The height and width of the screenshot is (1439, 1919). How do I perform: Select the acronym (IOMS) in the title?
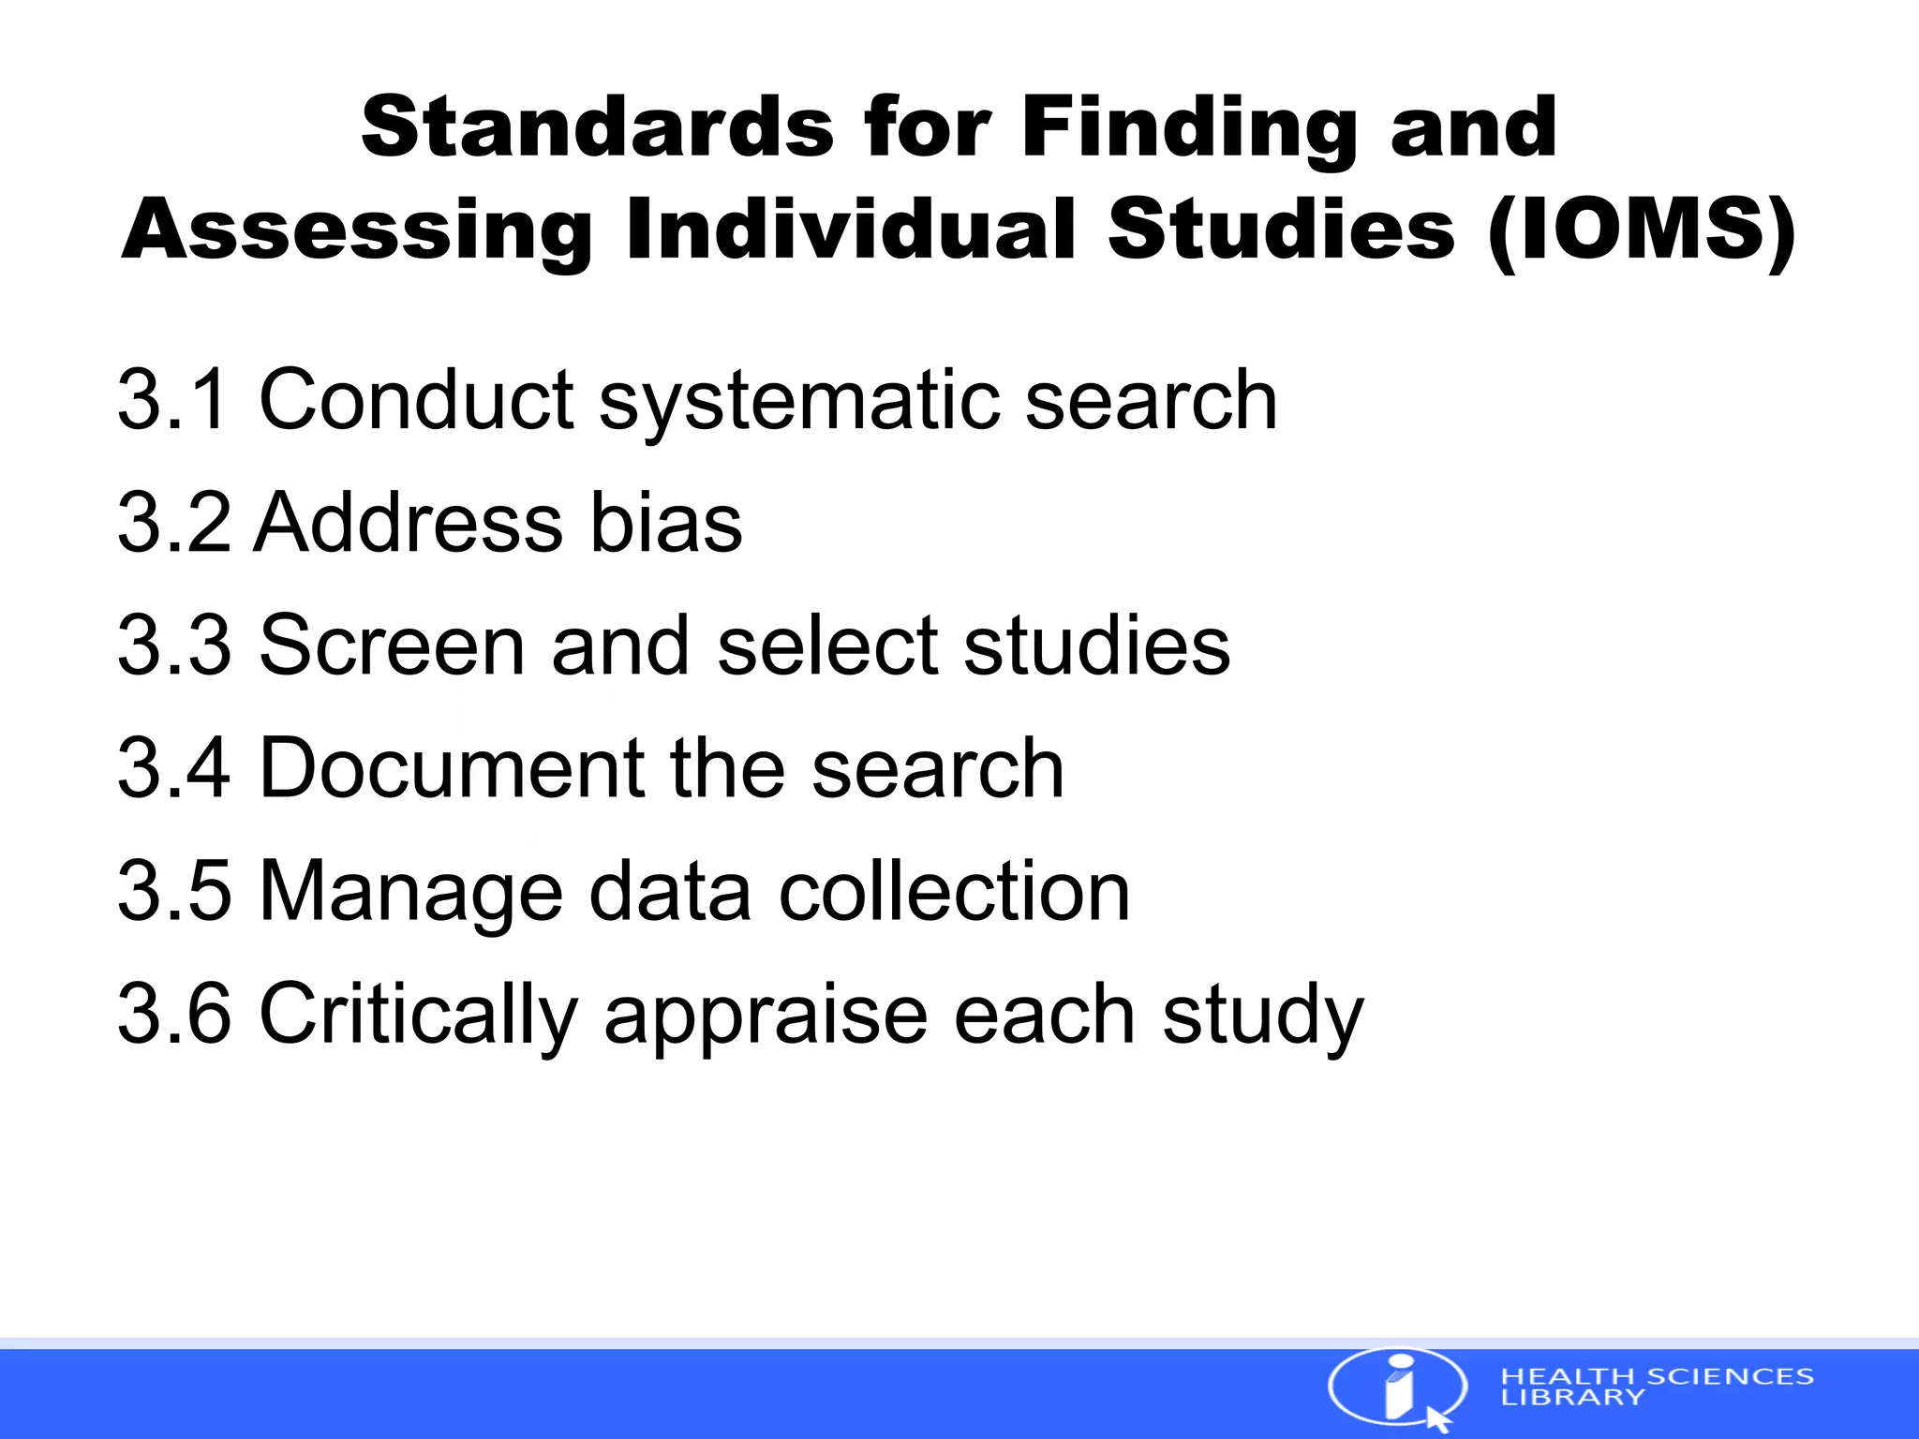pos(1641,230)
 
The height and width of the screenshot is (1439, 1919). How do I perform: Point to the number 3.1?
pos(173,399)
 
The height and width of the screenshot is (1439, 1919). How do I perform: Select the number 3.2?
pos(173,522)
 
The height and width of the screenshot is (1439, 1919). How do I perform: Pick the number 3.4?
pos(173,767)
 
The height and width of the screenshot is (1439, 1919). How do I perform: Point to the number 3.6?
pos(173,1013)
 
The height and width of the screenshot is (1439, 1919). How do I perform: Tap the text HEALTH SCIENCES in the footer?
pos(1657,1376)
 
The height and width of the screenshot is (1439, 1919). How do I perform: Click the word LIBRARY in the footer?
pos(1572,1397)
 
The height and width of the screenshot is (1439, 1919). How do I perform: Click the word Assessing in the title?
pos(357,230)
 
